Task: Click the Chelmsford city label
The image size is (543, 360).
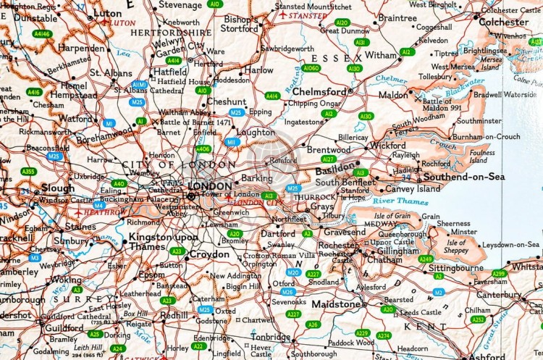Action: [320, 92]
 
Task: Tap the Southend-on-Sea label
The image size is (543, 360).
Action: [454, 177]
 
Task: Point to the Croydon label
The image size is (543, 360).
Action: [209, 255]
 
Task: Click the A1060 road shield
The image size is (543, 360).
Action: [311, 68]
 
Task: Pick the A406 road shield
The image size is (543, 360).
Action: [203, 149]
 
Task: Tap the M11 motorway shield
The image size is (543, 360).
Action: [232, 142]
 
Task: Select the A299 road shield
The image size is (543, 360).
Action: [499, 273]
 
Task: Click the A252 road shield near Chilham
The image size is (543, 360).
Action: [478, 319]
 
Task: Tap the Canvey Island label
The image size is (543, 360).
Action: [418, 188]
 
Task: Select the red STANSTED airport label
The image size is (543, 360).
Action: [307, 15]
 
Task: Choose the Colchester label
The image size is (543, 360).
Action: [504, 22]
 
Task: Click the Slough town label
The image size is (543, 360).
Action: [57, 188]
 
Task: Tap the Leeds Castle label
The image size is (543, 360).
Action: [419, 311]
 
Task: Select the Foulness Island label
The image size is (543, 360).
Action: [482, 156]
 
